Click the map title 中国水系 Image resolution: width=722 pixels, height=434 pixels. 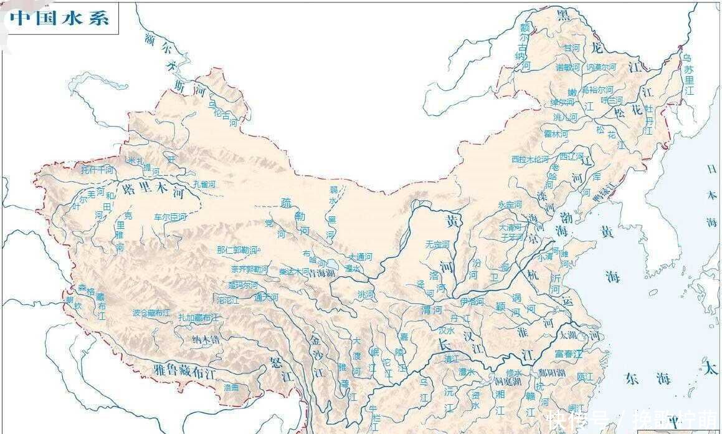(x=60, y=18)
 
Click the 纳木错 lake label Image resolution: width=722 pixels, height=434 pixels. (x=206, y=340)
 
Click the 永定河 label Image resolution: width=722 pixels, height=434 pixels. (x=510, y=204)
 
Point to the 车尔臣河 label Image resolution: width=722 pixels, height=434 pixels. (x=170, y=217)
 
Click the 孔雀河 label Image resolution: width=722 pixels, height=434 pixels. (x=204, y=184)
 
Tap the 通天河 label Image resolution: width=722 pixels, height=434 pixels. (x=266, y=297)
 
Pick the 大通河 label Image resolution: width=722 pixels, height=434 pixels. (x=360, y=256)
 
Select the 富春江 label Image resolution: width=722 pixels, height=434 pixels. (x=568, y=354)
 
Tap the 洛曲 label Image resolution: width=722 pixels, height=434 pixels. (x=231, y=387)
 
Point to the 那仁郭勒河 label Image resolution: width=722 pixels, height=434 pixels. (x=237, y=249)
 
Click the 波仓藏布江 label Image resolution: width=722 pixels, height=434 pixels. (x=151, y=313)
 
